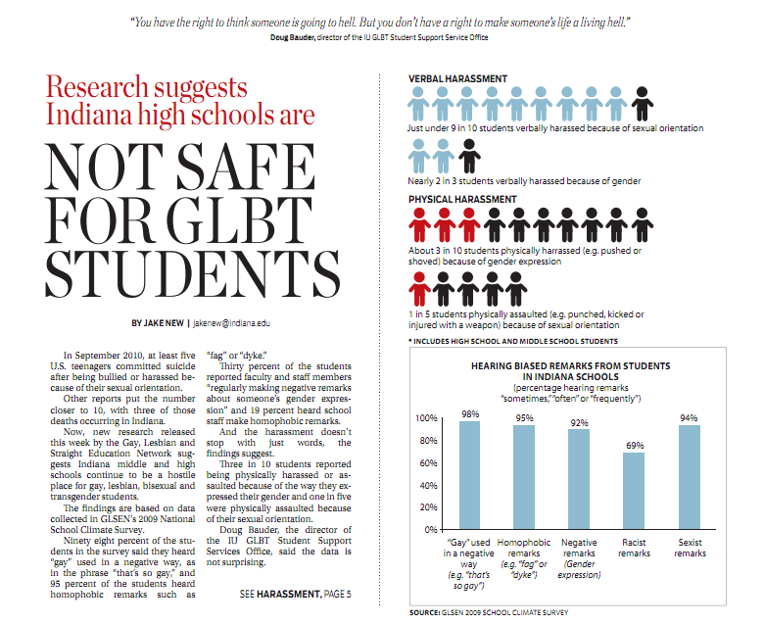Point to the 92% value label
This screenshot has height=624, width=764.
(x=580, y=421)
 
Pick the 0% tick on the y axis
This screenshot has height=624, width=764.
(x=431, y=529)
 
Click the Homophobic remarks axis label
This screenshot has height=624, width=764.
(x=525, y=553)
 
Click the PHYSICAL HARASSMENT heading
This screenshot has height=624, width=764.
(x=462, y=199)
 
